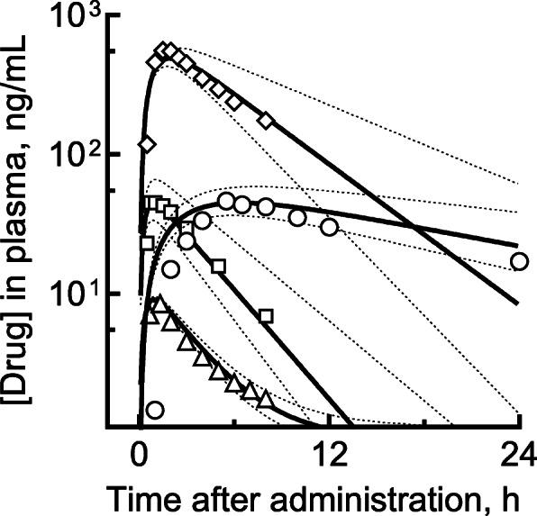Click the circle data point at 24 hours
click(519, 262)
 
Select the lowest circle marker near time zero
click(154, 411)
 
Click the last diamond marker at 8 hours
click(266, 121)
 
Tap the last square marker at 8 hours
click(266, 315)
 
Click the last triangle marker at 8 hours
click(265, 399)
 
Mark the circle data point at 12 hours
click(329, 227)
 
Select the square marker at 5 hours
click(218, 266)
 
